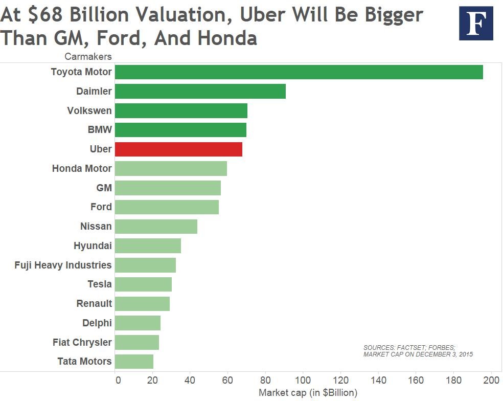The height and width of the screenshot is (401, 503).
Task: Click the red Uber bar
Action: pos(178,149)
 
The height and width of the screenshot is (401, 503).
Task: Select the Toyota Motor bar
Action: pos(299,72)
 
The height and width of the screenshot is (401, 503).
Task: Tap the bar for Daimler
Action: pos(200,92)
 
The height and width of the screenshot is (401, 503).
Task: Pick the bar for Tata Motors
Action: pos(134,361)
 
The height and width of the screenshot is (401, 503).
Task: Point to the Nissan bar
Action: pos(156,226)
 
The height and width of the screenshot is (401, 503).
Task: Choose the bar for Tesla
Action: pos(143,284)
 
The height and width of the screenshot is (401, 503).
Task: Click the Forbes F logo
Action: pos(476,24)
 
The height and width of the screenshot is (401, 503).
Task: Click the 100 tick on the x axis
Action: pos(303,380)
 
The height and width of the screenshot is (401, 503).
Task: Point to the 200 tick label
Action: pos(491,380)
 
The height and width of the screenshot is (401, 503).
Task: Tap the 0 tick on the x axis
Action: pos(118,380)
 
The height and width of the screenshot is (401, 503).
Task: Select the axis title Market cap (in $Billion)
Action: pos(308,393)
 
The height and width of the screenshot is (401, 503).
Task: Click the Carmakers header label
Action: pos(88,56)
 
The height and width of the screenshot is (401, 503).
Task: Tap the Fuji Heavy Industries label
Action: pos(63,265)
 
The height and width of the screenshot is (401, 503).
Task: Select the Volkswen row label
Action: pos(89,110)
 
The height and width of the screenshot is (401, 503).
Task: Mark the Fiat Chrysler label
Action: pos(82,342)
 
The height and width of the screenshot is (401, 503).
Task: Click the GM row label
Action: pos(104,188)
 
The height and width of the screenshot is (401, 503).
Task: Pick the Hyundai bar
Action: pos(148,246)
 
